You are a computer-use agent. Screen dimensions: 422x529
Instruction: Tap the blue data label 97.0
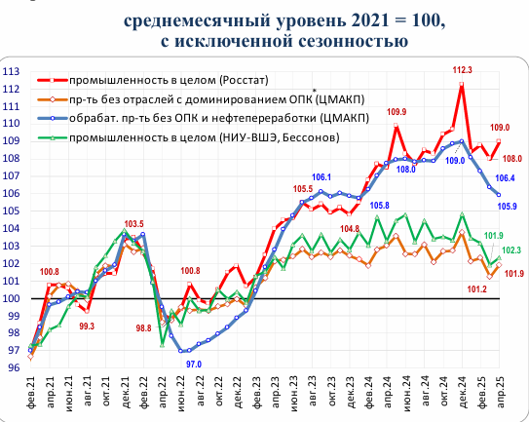[196, 364]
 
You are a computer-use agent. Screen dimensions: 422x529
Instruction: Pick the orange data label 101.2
[477, 289]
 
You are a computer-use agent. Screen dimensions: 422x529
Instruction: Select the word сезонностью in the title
[348, 42]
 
